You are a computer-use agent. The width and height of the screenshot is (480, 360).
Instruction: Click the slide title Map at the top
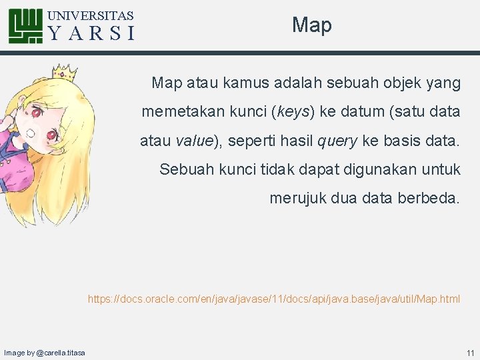click(x=311, y=25)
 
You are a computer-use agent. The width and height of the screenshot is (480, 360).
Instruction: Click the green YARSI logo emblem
click(x=26, y=26)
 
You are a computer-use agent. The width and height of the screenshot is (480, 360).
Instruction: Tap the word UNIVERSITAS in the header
click(x=91, y=15)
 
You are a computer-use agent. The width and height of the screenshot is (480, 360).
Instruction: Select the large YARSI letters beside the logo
click(x=92, y=33)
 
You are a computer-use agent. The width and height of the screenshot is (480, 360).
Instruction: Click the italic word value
click(x=194, y=141)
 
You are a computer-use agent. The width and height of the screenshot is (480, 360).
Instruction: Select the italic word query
click(x=337, y=141)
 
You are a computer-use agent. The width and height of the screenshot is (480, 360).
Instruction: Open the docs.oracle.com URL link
click(x=273, y=299)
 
